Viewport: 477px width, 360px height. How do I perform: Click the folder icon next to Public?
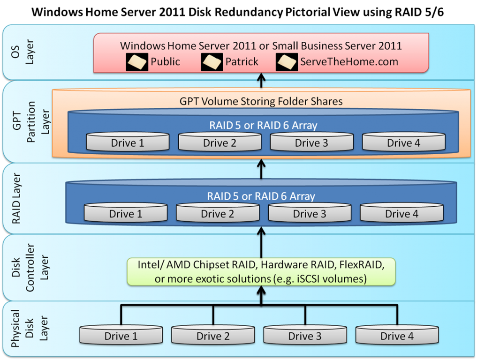click(x=137, y=62)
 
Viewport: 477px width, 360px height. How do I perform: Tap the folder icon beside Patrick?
click(x=212, y=62)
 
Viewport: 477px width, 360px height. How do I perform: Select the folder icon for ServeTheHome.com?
click(x=287, y=62)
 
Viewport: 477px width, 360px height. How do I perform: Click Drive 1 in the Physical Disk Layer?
click(x=121, y=335)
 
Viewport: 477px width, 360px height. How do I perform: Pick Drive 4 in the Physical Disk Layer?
click(x=397, y=335)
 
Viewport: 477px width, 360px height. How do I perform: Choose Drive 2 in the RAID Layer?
click(x=218, y=212)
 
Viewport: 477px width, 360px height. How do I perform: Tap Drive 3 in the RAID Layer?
click(x=310, y=212)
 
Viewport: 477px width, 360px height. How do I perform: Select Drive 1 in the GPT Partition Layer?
click(x=128, y=142)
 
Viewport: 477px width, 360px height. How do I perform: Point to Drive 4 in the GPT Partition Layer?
click(x=404, y=142)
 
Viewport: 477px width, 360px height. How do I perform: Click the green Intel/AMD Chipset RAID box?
click(x=261, y=272)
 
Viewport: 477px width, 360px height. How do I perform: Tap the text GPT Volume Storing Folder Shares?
click(x=261, y=101)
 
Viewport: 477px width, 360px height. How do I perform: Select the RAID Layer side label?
click(x=16, y=199)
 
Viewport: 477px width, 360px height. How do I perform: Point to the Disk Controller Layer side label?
click(x=30, y=268)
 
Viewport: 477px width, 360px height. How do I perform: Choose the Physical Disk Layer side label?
click(x=30, y=329)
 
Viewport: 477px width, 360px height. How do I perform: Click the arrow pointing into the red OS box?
click(x=261, y=80)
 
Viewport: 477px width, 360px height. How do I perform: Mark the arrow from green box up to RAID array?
click(x=261, y=243)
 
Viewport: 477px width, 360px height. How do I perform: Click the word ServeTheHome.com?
click(x=349, y=62)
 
